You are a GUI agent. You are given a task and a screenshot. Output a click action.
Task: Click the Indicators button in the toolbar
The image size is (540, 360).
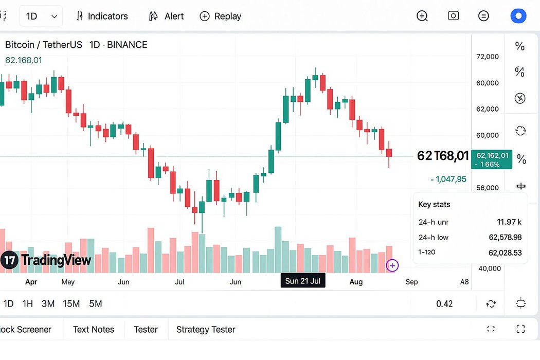102,16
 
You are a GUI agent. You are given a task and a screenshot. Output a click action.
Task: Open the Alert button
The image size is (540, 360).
166,16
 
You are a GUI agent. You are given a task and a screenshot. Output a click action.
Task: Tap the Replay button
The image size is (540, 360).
221,16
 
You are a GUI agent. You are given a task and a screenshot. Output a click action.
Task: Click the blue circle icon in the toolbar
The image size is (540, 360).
518,16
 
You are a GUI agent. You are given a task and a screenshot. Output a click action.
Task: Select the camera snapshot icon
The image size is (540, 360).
453,16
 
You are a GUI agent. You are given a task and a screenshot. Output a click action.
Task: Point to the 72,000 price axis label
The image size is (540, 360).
488,57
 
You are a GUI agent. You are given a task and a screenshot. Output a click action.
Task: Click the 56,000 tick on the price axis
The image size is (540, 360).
488,188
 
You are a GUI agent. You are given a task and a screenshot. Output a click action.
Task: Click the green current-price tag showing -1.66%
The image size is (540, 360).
493,159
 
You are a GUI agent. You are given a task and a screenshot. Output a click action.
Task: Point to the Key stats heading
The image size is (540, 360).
434,205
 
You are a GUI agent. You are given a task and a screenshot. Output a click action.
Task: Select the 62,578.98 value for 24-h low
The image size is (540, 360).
505,237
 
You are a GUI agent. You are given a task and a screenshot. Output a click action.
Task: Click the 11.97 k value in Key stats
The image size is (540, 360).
509,222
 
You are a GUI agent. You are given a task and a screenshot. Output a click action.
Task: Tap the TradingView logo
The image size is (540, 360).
46,260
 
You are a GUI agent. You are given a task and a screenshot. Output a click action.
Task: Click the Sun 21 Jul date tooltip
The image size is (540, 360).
303,281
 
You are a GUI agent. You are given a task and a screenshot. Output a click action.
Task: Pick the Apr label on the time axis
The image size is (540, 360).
31,282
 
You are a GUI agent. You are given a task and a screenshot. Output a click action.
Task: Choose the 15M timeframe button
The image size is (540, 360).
71,304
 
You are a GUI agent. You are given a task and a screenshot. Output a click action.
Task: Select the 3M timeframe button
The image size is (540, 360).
48,304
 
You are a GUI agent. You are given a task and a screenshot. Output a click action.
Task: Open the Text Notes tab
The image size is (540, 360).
94,330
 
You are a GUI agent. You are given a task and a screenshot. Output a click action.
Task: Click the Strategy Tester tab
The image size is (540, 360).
206,330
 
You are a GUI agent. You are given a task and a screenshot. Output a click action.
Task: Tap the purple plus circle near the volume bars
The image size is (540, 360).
392,265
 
